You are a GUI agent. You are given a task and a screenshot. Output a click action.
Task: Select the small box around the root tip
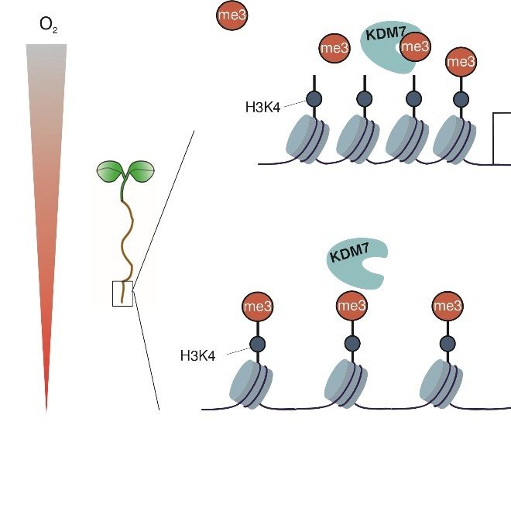[122, 293]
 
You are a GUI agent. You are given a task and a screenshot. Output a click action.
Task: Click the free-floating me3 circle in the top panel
[234, 16]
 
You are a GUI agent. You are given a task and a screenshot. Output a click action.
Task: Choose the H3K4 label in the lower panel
[197, 355]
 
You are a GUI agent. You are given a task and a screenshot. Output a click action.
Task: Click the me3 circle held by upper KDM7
[417, 46]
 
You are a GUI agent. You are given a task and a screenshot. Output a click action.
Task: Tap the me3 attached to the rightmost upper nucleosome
[461, 61]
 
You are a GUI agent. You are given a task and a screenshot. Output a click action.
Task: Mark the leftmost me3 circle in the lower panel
[258, 307]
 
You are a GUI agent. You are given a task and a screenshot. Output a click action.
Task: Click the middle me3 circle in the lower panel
[352, 307]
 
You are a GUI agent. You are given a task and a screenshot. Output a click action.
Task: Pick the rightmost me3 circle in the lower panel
[446, 307]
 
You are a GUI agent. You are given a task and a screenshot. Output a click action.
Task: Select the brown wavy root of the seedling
[125, 240]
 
